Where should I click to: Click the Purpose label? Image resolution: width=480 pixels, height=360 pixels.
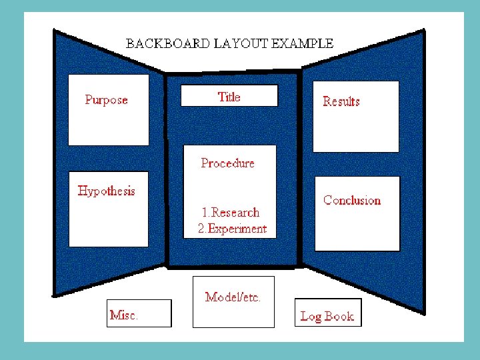coord(106,100)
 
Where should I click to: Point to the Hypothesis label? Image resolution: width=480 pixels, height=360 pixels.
coord(106,191)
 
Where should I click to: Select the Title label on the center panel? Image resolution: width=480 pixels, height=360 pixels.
coord(229,97)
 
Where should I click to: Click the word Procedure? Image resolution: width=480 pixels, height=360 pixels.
coord(227,163)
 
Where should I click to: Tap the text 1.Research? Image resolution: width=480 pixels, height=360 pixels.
coord(230,213)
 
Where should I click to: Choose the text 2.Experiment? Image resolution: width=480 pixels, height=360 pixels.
coord(232,229)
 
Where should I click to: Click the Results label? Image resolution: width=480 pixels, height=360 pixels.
coord(341,101)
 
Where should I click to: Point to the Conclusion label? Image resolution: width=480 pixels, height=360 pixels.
coord(352,200)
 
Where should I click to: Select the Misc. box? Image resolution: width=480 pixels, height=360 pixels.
coord(139,313)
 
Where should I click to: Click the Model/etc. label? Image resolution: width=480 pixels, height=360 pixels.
coord(233,297)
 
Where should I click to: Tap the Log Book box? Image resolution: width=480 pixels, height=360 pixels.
coord(328,313)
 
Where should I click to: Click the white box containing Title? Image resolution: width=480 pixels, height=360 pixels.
coord(229,95)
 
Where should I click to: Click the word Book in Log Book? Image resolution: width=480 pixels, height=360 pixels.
coord(339,316)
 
